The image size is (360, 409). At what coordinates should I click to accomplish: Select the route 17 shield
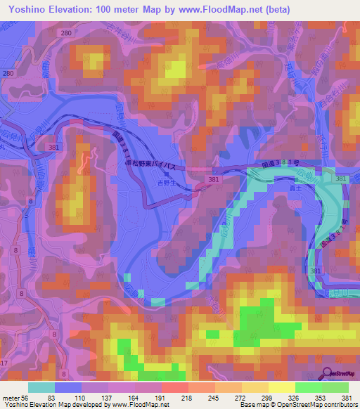click(4, 363)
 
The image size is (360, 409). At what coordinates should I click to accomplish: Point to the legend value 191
click(162, 397)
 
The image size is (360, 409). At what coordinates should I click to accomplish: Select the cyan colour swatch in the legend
click(41, 387)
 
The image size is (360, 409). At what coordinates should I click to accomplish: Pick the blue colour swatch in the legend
click(67, 387)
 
